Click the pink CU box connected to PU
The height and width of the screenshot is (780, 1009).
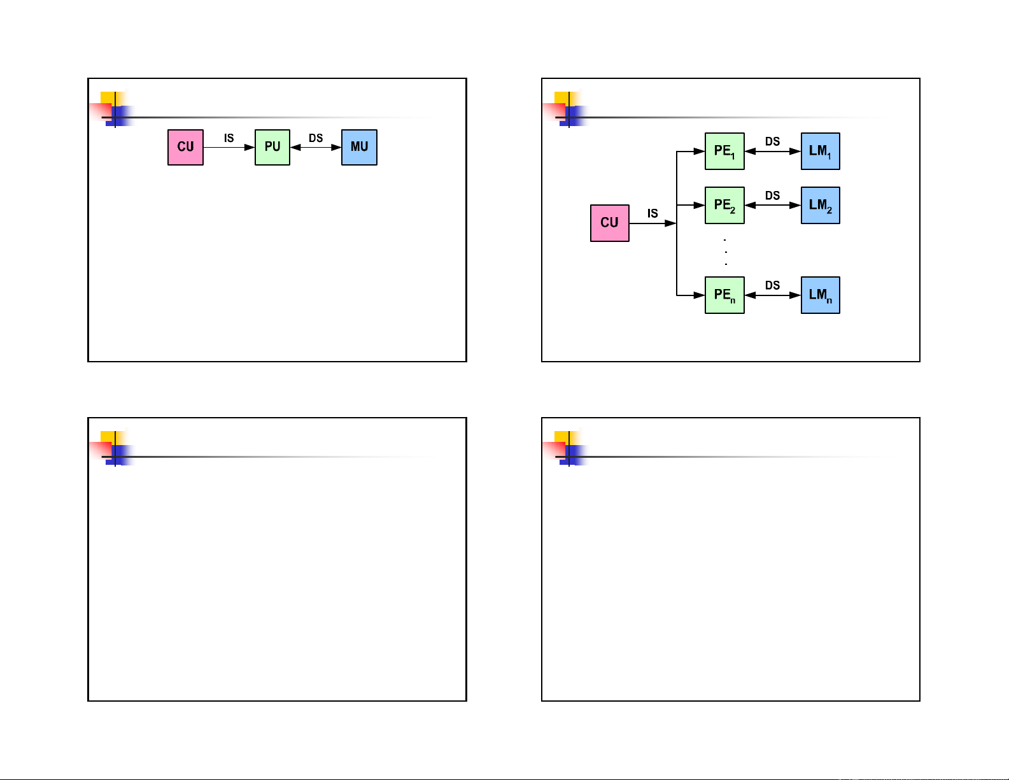pyautogui.click(x=185, y=147)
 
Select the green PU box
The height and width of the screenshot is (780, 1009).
pyautogui.click(x=272, y=147)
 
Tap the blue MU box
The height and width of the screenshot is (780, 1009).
pyautogui.click(x=359, y=147)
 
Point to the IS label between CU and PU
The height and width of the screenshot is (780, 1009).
pyautogui.click(x=229, y=138)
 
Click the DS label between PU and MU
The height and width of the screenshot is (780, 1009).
pyautogui.click(x=316, y=138)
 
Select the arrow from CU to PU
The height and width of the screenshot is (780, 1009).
pyautogui.click(x=229, y=148)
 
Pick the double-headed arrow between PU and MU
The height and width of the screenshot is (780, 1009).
pyautogui.click(x=316, y=148)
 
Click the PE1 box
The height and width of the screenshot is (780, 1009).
pyautogui.click(x=724, y=152)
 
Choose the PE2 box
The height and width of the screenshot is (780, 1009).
pyautogui.click(x=724, y=206)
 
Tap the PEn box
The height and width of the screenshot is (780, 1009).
pyautogui.click(x=724, y=295)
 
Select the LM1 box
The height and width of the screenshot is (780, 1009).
pyautogui.click(x=820, y=152)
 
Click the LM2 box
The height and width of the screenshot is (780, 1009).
pyautogui.click(x=820, y=206)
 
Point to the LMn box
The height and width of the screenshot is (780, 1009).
pyautogui.click(x=820, y=295)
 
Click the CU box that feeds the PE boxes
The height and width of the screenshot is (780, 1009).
pyautogui.click(x=609, y=223)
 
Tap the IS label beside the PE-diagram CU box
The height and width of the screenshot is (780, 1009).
pyautogui.click(x=653, y=213)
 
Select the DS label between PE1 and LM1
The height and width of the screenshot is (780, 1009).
pyautogui.click(x=772, y=141)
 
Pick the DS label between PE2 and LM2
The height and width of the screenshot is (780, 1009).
pyautogui.click(x=772, y=195)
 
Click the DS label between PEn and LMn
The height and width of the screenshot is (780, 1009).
pyautogui.click(x=772, y=285)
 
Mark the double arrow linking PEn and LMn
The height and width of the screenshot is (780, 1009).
pyautogui.click(x=772, y=295)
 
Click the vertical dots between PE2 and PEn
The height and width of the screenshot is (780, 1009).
pyautogui.click(x=726, y=252)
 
